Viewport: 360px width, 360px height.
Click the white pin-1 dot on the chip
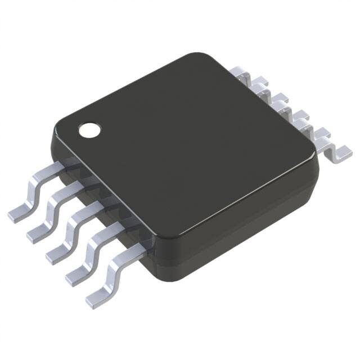point(88,130)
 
